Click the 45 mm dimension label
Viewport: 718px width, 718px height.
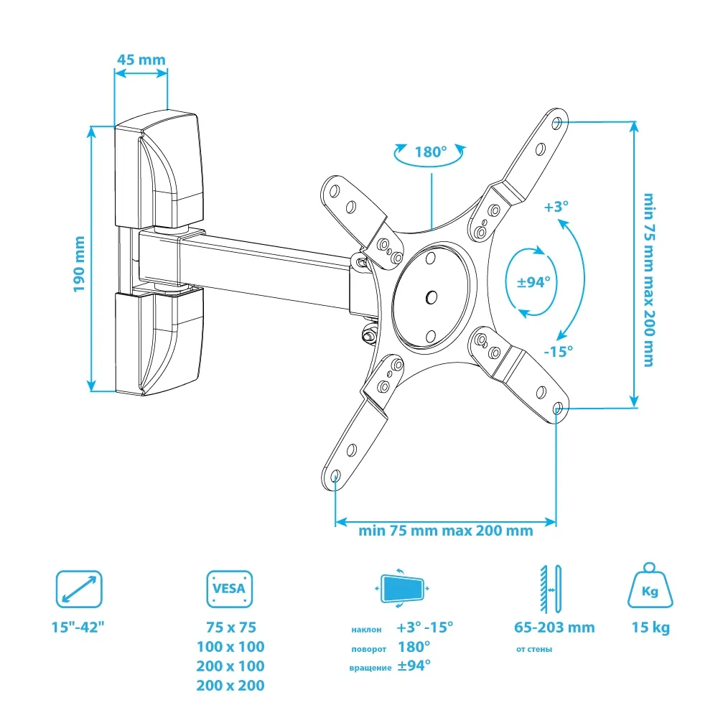pyautogui.click(x=141, y=59)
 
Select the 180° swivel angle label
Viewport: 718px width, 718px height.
pyautogui.click(x=431, y=152)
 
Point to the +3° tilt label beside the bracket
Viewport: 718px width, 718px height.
pyautogui.click(x=556, y=207)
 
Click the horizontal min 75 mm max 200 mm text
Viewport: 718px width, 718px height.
pyautogui.click(x=446, y=531)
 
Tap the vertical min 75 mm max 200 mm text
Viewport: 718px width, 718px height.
pyautogui.click(x=648, y=279)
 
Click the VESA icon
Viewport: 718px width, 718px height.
pyautogui.click(x=230, y=590)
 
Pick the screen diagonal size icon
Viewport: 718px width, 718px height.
pyautogui.click(x=79, y=589)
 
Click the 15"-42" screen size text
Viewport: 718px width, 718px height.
pyautogui.click(x=78, y=627)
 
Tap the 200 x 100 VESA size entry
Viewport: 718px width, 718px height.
pyautogui.click(x=230, y=666)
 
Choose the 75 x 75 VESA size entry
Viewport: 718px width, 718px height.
pyautogui.click(x=230, y=627)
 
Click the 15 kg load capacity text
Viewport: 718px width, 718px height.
pyautogui.click(x=651, y=628)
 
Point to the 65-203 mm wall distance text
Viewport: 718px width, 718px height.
pyautogui.click(x=554, y=628)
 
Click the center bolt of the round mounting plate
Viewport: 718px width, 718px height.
pyautogui.click(x=431, y=295)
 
